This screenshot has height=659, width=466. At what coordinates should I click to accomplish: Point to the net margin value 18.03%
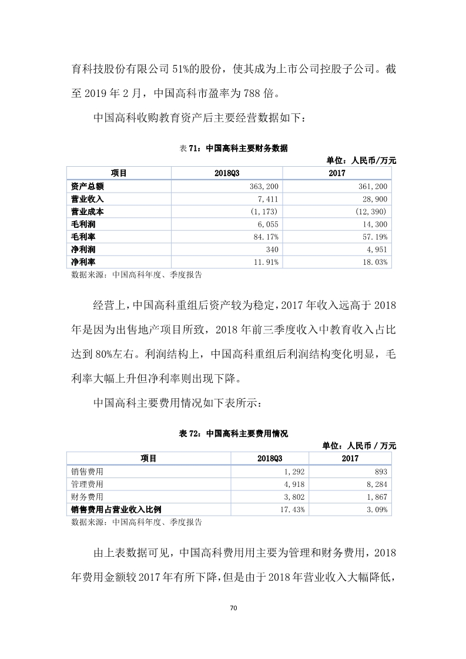tap(376, 262)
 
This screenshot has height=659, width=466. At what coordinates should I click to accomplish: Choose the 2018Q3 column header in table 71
tap(226, 173)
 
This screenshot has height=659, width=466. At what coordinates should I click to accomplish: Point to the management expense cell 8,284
tap(376, 485)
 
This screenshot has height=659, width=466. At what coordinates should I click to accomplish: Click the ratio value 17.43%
tap(291, 510)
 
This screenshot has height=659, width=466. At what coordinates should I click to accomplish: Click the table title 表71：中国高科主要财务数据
tap(233, 148)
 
